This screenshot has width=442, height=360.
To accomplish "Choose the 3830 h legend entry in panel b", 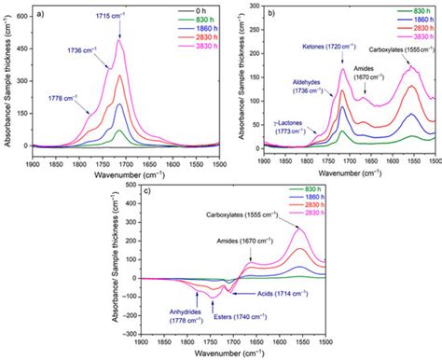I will (416, 43).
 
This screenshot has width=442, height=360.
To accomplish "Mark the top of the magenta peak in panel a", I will (118, 39).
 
